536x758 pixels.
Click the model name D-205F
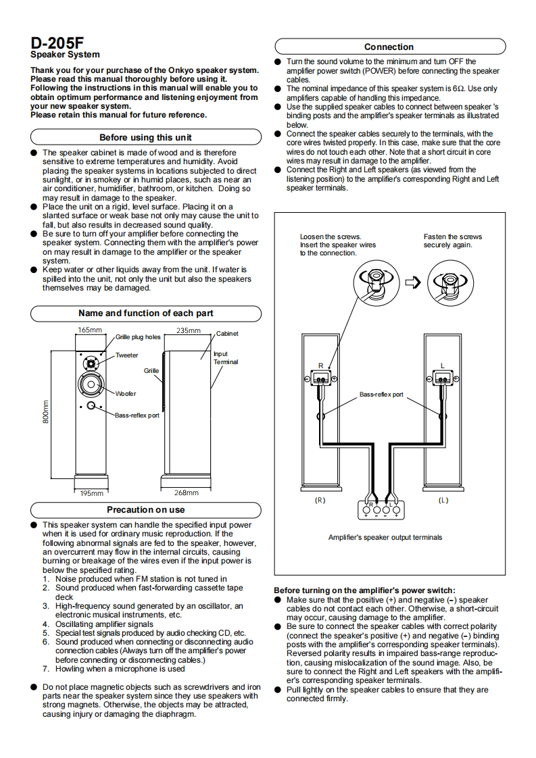[57, 41]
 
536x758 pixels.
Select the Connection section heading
[389, 47]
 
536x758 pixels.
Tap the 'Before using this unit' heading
[145, 137]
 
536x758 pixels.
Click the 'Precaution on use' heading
[145, 509]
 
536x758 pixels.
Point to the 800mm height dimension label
[45, 412]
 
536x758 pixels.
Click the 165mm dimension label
[90, 330]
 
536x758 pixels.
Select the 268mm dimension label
[187, 492]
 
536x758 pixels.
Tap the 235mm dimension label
[189, 330]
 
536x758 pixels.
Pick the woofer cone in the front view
[91, 386]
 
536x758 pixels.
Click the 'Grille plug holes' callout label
[138, 337]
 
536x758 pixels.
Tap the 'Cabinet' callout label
[227, 334]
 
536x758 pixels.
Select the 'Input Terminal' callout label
[226, 358]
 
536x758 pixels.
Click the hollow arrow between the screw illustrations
[413, 282]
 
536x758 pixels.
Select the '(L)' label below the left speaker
[443, 500]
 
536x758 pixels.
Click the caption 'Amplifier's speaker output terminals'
[385, 537]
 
